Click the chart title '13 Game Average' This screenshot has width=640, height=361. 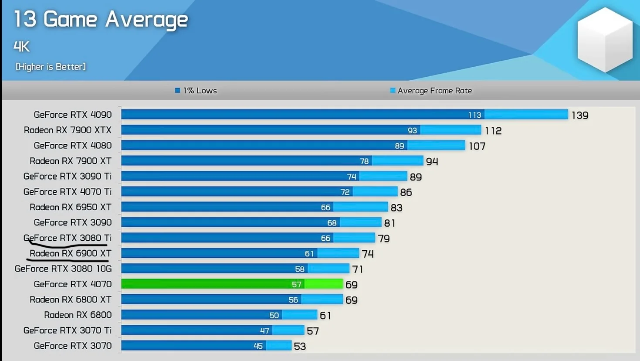tap(101, 20)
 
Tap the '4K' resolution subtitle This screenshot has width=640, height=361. tap(21, 46)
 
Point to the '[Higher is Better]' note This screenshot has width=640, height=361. tap(51, 67)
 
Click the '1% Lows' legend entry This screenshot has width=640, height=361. tap(196, 91)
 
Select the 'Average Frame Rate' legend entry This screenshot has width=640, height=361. tap(431, 91)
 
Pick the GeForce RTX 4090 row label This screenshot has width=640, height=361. tap(73, 115)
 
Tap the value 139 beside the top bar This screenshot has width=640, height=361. tap(580, 115)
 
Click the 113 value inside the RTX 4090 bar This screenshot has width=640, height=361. tap(474, 115)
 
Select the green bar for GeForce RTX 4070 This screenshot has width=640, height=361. tap(232, 284)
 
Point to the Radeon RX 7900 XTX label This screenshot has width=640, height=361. tap(68, 130)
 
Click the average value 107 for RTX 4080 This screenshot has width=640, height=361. tap(477, 146)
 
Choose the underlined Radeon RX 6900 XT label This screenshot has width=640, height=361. tap(71, 253)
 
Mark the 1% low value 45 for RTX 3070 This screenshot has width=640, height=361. tap(258, 346)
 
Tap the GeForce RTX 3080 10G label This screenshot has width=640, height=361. tap(63, 269)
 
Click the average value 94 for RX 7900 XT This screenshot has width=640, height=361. tap(432, 161)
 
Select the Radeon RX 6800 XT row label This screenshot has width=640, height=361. tap(71, 300)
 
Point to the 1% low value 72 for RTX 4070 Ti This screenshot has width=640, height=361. tap(345, 192)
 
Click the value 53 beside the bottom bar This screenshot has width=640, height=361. tap(300, 346)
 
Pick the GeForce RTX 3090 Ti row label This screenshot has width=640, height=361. tap(68, 176)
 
